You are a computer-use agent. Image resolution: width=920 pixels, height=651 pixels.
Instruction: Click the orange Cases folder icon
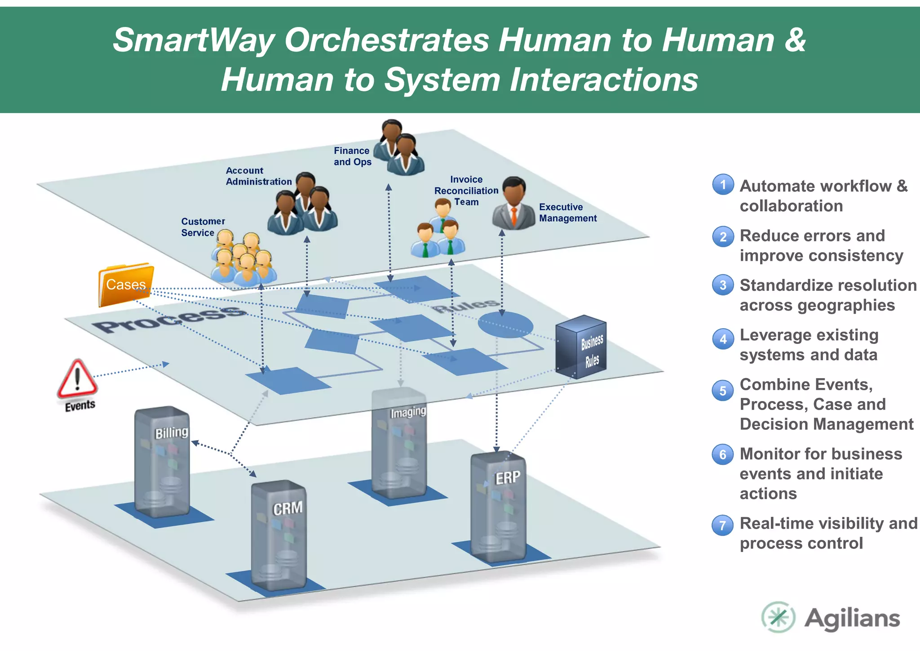[126, 285]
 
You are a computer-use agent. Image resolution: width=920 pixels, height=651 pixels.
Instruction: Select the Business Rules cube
[581, 347]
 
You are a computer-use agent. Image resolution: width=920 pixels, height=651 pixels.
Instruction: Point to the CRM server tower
[279, 535]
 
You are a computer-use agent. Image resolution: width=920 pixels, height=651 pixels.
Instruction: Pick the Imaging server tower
[399, 443]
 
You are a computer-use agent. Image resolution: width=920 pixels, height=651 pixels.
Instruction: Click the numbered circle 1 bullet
[723, 185]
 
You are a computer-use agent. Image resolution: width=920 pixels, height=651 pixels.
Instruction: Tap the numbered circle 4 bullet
[723, 339]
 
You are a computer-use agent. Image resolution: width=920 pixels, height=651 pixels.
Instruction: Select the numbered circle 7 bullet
[723, 525]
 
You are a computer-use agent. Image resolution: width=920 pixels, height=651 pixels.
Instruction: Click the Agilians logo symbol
[778, 617]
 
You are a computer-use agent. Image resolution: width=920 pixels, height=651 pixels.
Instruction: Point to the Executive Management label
[568, 213]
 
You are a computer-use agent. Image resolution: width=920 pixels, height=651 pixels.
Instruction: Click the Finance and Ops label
[352, 156]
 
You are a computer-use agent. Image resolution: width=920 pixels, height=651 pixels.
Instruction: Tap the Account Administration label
[258, 176]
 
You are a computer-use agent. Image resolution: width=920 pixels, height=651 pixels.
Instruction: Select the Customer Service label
[203, 227]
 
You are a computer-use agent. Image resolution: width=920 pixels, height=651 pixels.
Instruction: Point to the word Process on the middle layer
[170, 319]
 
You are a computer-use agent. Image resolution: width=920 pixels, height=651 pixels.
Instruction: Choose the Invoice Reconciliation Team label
[466, 191]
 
